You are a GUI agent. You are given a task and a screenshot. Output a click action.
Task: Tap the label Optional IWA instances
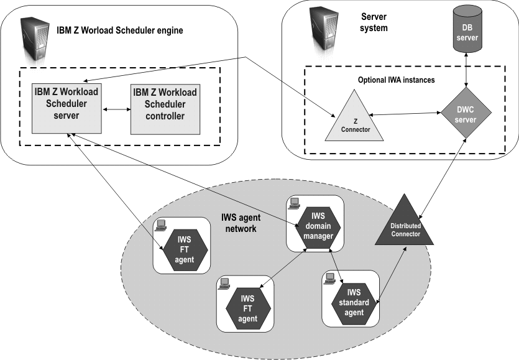pos(397,80)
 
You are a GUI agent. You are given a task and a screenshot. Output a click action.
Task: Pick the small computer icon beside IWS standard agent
pos(329,280)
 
